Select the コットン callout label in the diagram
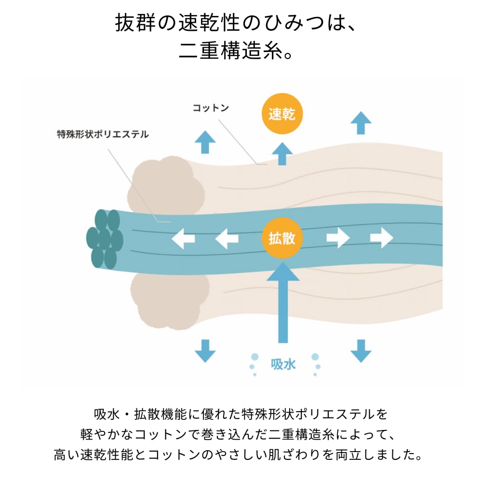click(x=211, y=108)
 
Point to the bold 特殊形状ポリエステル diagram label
click(x=103, y=134)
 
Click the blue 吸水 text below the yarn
click(x=283, y=364)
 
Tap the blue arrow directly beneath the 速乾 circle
click(x=281, y=154)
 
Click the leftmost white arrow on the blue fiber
click(x=183, y=238)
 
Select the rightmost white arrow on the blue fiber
click(x=382, y=238)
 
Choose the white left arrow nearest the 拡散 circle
click(x=227, y=238)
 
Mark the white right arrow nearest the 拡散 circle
click(x=337, y=238)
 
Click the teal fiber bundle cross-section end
click(x=105, y=239)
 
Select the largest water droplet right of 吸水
click(x=315, y=357)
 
